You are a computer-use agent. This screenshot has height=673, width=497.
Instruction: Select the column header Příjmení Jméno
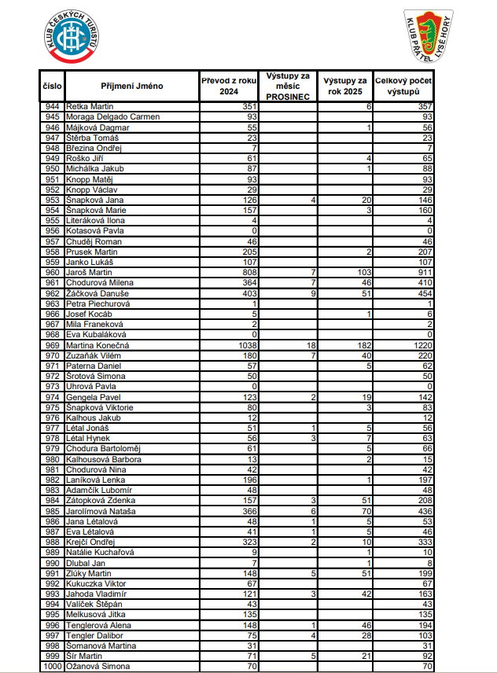pyautogui.click(x=132, y=86)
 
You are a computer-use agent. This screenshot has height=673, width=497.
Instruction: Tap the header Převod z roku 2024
pyautogui.click(x=229, y=86)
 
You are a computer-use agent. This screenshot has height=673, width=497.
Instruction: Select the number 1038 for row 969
pyautogui.click(x=248, y=345)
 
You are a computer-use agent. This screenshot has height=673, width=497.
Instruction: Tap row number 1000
pyautogui.click(x=53, y=667)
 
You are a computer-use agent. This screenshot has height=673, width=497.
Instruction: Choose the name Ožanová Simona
pyautogui.click(x=97, y=667)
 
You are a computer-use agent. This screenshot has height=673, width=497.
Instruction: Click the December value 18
pyautogui.click(x=311, y=345)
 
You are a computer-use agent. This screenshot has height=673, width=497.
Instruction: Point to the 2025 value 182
pyautogui.click(x=363, y=345)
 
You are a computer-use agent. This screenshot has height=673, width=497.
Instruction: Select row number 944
pyautogui.click(x=53, y=106)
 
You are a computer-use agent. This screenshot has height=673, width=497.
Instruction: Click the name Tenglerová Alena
pyautogui.click(x=98, y=625)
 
